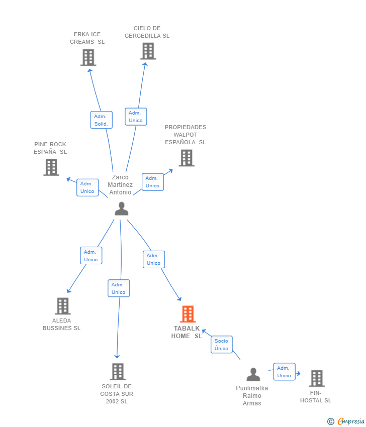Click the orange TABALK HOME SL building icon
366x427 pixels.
(188, 314)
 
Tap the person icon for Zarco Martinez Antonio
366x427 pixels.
(122, 208)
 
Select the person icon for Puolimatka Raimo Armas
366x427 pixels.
(253, 374)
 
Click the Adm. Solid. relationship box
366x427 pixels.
(102, 120)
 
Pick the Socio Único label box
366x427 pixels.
(222, 345)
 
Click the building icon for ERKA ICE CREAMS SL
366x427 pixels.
(88, 57)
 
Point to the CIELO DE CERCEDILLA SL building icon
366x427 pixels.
(148, 51)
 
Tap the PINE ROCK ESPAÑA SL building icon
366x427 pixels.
(51, 167)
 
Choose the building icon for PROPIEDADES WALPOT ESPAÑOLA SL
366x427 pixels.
(187, 158)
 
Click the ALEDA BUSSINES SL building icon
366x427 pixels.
(63, 306)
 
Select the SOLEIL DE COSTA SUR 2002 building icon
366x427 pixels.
(118, 372)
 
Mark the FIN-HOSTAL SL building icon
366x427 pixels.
(317, 378)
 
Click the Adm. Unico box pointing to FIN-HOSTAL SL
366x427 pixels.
(284, 372)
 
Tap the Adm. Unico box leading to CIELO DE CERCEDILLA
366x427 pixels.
(136, 117)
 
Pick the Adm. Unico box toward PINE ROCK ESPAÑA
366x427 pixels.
(87, 187)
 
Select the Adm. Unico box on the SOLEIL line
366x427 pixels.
(119, 288)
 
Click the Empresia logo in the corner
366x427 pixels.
(346, 421)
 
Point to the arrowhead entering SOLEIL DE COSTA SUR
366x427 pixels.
(117, 357)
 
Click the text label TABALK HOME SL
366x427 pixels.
(187, 332)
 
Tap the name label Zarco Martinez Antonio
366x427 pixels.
(120, 185)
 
